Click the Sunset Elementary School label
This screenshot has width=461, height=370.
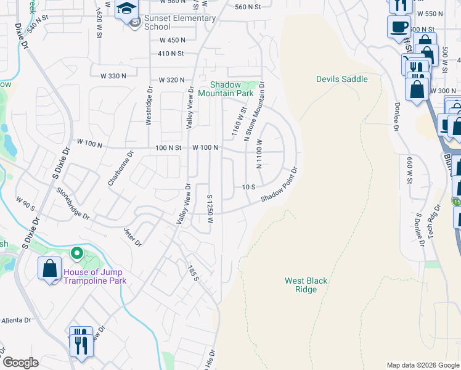point(180,22)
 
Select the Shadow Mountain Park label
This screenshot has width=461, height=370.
point(232,89)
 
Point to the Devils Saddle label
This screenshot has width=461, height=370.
point(342,79)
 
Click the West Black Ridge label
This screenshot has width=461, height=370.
point(306,285)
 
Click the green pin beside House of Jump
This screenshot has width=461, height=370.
point(77,253)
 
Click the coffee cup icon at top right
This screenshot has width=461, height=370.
point(399,27)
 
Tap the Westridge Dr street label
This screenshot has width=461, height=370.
point(149,105)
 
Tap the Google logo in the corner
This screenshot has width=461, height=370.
point(20,363)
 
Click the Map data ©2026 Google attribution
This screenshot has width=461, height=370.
point(422,365)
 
